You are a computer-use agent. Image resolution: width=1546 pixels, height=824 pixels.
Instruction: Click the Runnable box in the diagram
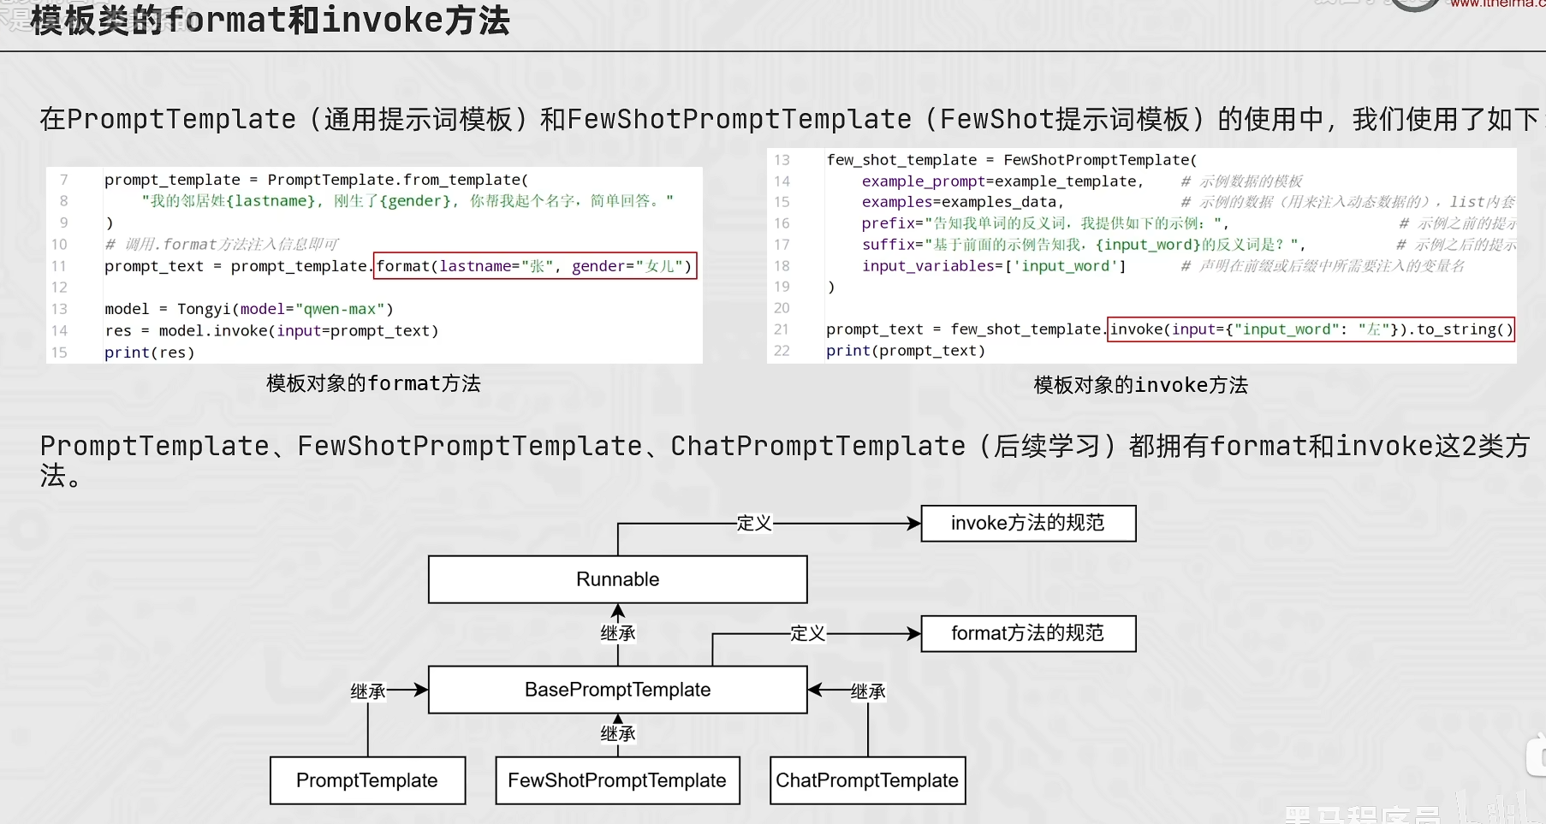pyautogui.click(x=617, y=579)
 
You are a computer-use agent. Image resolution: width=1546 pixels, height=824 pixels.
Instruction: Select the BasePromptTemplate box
pyautogui.click(x=617, y=690)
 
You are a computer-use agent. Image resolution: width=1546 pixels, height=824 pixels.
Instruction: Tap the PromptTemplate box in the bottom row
pyautogui.click(x=367, y=780)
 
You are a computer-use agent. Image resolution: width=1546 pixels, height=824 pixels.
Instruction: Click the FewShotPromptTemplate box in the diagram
pyautogui.click(x=617, y=780)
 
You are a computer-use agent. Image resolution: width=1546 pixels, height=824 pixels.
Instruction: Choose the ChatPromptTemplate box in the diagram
pyautogui.click(x=867, y=780)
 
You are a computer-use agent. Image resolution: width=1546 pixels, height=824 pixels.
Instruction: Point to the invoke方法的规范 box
pyautogui.click(x=1028, y=523)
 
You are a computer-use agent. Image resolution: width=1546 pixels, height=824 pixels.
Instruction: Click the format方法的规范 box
pyautogui.click(x=1028, y=633)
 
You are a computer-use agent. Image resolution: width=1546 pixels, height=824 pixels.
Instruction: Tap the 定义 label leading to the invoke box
pyautogui.click(x=754, y=523)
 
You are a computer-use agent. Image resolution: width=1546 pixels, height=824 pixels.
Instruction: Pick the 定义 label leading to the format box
pyautogui.click(x=807, y=633)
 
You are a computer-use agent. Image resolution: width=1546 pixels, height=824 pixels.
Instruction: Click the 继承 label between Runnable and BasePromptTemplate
pyautogui.click(x=618, y=633)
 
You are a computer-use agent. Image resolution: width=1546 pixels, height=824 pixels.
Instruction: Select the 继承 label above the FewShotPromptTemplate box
pyautogui.click(x=618, y=733)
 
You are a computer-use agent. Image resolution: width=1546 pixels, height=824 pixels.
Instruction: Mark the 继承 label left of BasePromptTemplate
pyautogui.click(x=368, y=691)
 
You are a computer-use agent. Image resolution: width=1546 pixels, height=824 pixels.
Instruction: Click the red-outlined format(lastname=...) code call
pyautogui.click(x=535, y=266)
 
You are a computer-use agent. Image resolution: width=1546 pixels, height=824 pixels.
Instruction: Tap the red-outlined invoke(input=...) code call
pyautogui.click(x=1311, y=329)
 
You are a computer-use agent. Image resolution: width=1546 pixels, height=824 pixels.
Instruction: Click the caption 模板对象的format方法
pyautogui.click(x=373, y=383)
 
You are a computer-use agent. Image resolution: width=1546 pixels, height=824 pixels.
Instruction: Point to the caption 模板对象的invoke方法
pyautogui.click(x=1140, y=385)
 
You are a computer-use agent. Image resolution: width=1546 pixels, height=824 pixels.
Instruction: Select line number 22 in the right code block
pyautogui.click(x=782, y=351)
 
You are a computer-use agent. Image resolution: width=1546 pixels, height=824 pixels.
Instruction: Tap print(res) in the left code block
pyautogui.click(x=150, y=353)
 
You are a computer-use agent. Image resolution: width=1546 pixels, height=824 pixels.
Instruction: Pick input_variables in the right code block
pyautogui.click(x=928, y=266)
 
